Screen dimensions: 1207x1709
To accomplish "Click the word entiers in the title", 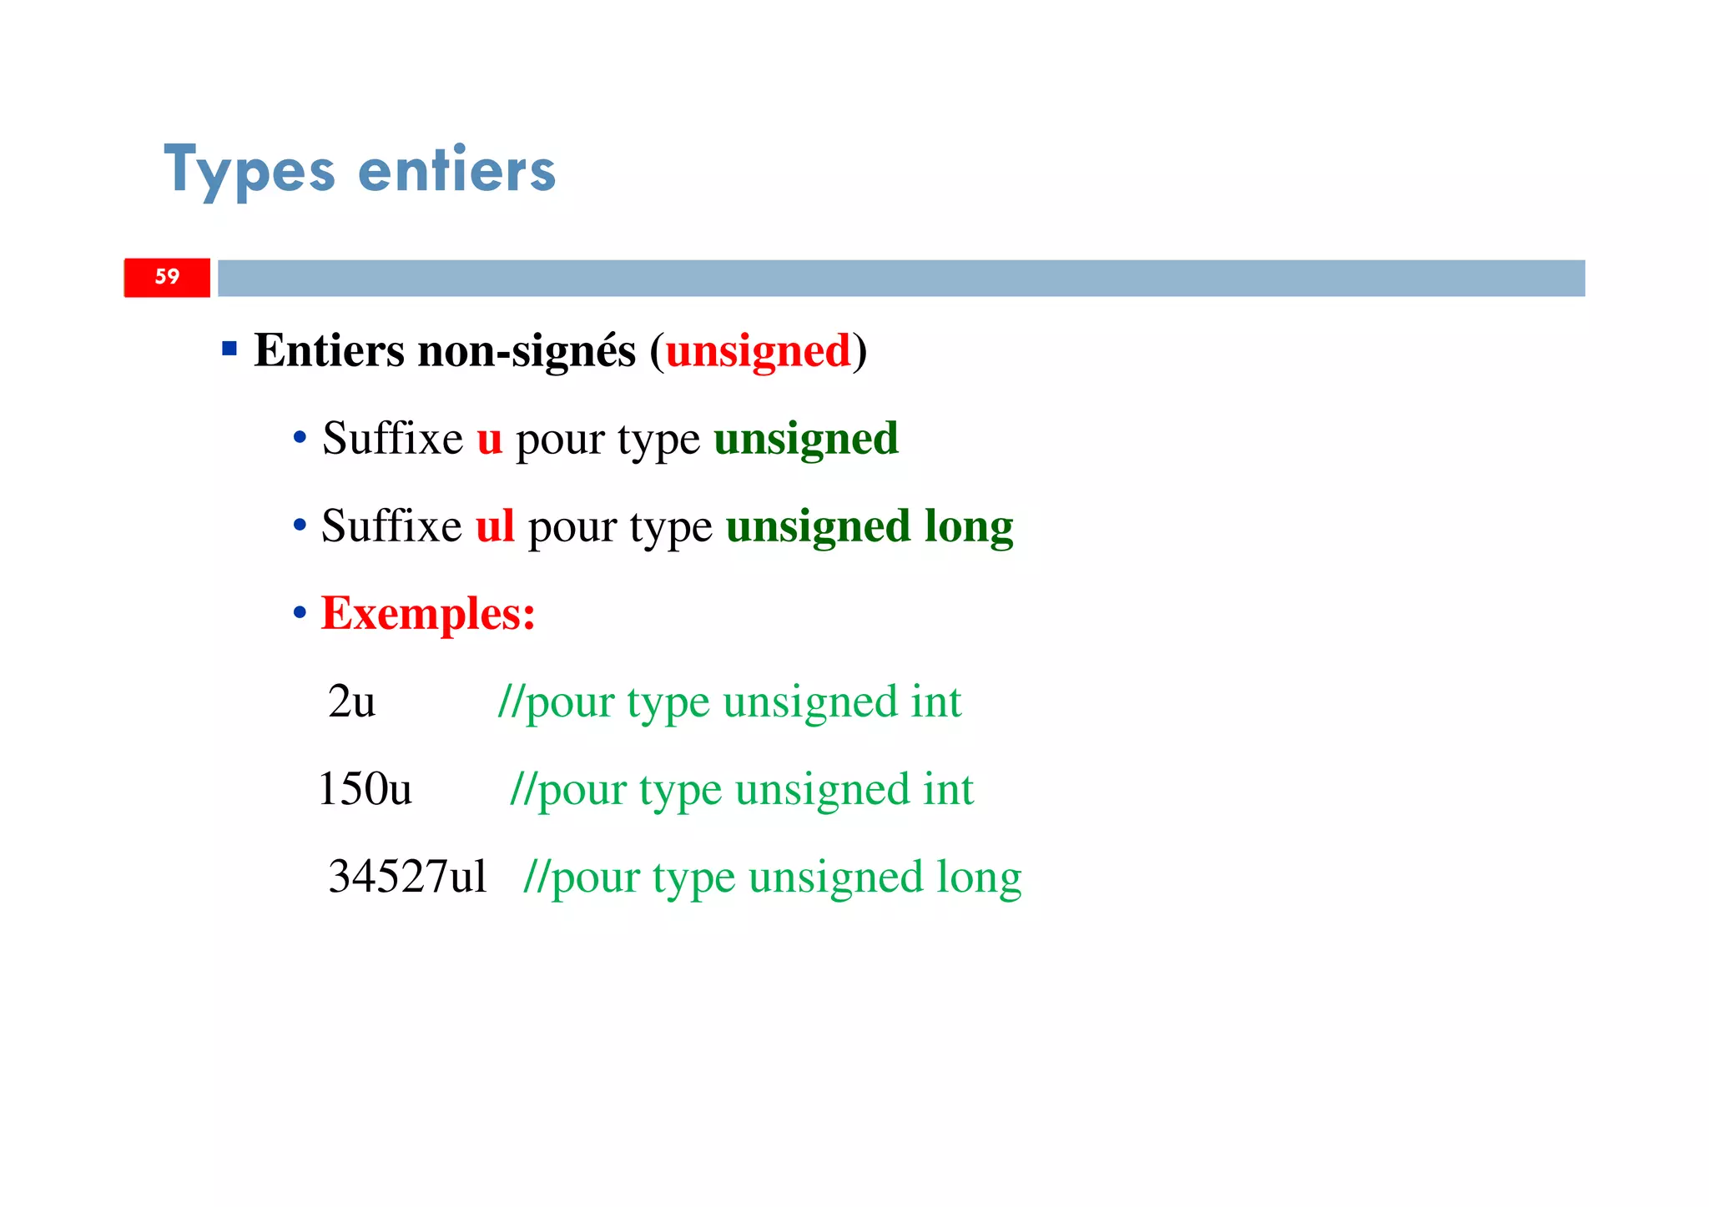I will coord(456,171).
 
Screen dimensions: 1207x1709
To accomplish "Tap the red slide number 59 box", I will coord(167,277).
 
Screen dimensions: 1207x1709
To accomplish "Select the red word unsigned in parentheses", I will coord(758,350).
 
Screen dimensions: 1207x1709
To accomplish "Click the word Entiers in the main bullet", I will coord(329,350).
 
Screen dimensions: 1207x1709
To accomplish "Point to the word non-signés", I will coord(527,350).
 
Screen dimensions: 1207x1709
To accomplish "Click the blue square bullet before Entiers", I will coord(229,348).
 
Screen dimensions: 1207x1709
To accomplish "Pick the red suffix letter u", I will coord(490,439).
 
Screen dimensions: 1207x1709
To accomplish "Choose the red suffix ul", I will coord(495,526).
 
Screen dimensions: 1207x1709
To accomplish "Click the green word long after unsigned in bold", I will coord(969,526).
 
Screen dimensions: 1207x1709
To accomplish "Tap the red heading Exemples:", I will coord(428,614).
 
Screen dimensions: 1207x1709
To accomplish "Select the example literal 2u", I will coord(351,702).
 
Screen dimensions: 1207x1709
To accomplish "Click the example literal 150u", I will coord(365,789).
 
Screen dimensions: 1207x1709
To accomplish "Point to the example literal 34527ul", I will coord(407,877).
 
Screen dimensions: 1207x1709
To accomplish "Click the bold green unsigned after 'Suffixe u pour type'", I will coord(806,439).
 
